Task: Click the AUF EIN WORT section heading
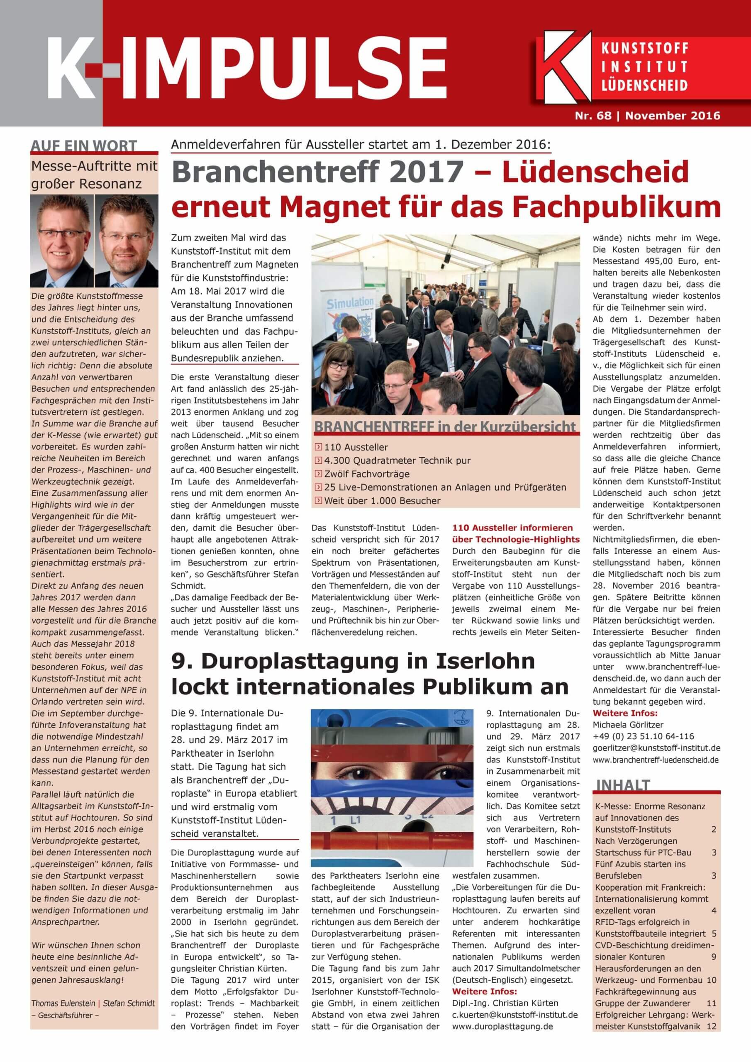click(x=84, y=146)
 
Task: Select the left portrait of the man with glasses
click(x=62, y=241)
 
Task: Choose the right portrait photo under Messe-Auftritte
click(x=126, y=241)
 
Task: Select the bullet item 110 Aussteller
click(x=356, y=447)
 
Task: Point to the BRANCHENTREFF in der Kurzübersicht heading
click(x=445, y=426)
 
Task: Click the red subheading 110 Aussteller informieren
click(x=512, y=527)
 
